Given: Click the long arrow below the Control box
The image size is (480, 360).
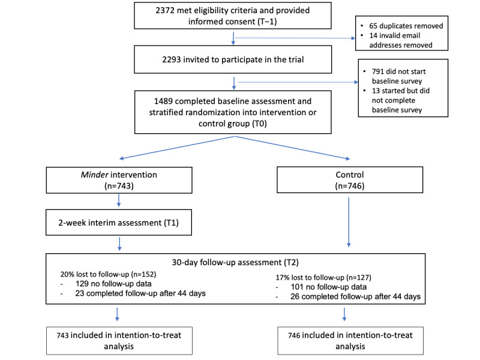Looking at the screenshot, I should tap(349, 222).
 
